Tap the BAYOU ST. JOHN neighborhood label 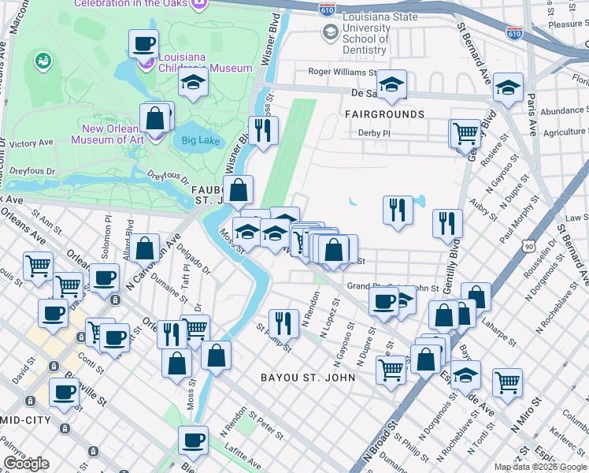(x=308, y=378)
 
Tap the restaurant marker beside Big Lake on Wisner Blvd (x=263, y=130)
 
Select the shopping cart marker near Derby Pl (x=465, y=132)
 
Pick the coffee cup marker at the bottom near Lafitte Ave (x=193, y=440)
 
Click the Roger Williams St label (x=343, y=72)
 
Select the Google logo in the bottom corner (x=26, y=464)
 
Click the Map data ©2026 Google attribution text (x=540, y=467)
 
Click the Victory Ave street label (x=31, y=143)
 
